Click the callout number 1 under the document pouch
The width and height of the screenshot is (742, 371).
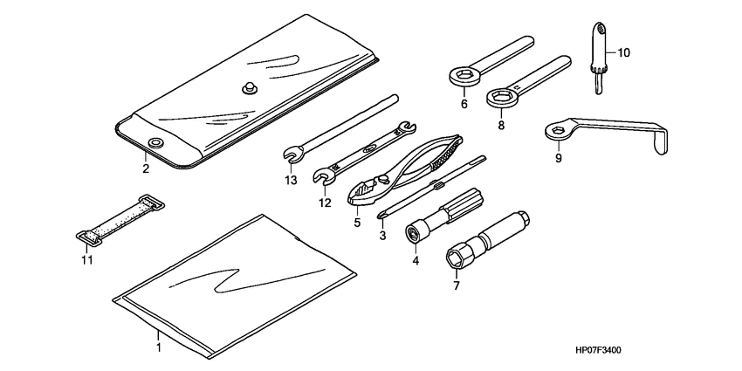click(158, 347)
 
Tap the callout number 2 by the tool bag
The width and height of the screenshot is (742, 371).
click(146, 167)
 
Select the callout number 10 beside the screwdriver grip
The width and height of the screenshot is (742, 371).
click(623, 53)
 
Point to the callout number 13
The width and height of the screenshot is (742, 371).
click(290, 180)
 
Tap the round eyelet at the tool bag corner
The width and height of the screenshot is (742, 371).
click(155, 142)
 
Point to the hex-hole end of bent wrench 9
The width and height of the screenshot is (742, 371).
click(556, 133)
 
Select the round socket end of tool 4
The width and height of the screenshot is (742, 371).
click(415, 233)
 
